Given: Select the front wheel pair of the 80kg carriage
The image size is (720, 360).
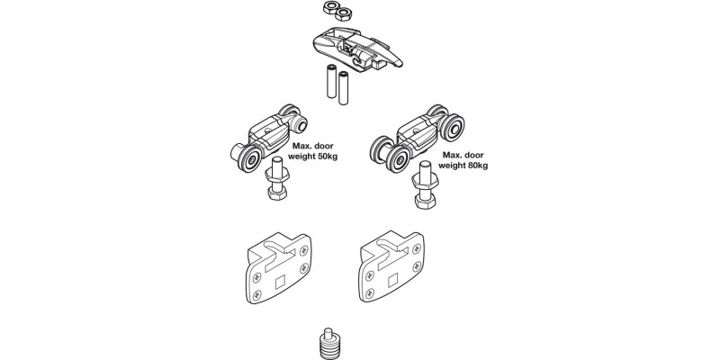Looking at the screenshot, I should [392, 157].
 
